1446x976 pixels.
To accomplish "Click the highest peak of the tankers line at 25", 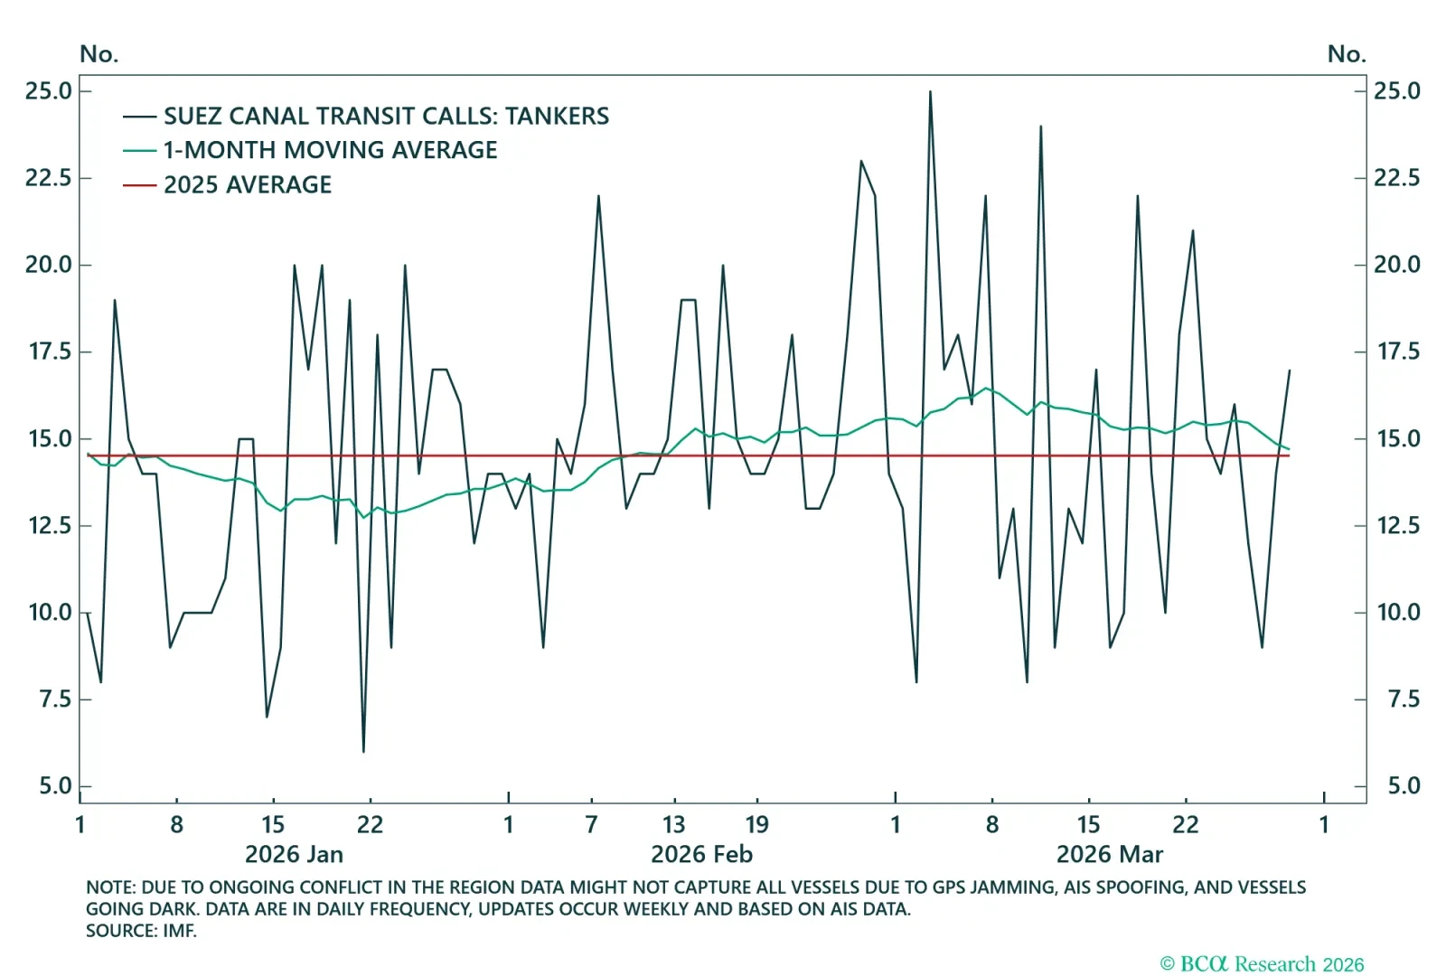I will (930, 91).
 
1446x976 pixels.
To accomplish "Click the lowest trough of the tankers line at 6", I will (363, 751).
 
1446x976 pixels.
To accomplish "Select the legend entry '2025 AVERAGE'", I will (247, 185).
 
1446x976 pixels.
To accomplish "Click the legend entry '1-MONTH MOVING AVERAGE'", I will (330, 150).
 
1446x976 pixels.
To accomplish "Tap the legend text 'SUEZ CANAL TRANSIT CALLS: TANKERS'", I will (386, 116).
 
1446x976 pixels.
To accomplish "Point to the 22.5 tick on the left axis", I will (48, 177).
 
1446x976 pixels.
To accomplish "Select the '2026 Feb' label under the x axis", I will (701, 854).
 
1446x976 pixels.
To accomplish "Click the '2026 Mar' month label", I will (1109, 854).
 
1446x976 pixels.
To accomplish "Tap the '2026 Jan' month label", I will (294, 854).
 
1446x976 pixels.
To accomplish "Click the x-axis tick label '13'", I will (673, 824).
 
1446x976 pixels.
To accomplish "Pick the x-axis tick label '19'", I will (756, 824).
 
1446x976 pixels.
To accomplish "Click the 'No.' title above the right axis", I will (1346, 54).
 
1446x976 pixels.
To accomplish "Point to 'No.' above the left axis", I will (99, 54).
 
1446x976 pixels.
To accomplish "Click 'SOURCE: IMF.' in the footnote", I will (141, 931).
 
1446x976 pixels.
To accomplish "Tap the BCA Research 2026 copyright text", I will (1262, 964).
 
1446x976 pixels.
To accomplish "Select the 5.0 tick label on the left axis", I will (54, 785).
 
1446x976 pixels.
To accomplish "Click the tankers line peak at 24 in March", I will (1040, 127).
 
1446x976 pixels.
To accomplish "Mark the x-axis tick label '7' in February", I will (591, 824).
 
